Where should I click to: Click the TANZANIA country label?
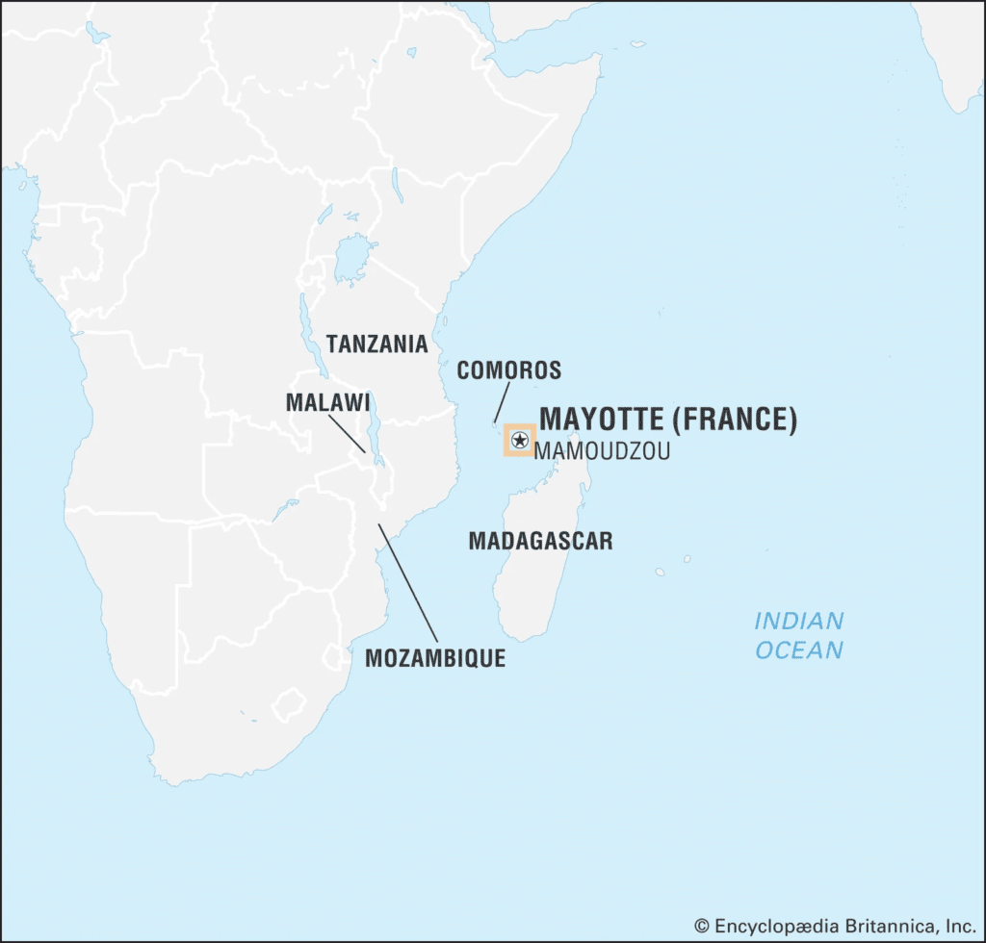[376, 343]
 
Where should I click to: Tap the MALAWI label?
[327, 402]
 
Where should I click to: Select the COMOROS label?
[508, 370]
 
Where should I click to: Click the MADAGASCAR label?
[540, 540]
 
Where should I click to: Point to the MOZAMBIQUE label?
[435, 658]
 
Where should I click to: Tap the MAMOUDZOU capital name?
[602, 450]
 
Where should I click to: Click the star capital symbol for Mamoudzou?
[520, 441]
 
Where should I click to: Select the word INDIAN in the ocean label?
[798, 620]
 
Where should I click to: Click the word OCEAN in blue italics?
[798, 650]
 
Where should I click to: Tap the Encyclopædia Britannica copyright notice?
[835, 925]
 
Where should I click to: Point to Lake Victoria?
[355, 259]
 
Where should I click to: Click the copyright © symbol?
[702, 925]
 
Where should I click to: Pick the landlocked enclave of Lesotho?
[288, 705]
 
